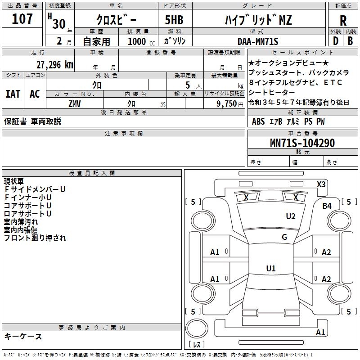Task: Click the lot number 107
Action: point(22,19)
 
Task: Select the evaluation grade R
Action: point(343,20)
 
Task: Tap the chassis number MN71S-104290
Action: point(302,143)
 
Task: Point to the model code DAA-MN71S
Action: point(258,41)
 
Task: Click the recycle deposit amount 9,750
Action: point(227,103)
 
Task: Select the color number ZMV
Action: point(75,103)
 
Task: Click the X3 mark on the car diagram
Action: point(321,184)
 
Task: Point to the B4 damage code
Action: point(327,206)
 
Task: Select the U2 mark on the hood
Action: point(291,216)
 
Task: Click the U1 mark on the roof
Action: point(270,269)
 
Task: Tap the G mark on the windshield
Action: point(284,237)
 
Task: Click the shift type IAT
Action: point(13,94)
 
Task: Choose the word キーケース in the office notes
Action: point(23,337)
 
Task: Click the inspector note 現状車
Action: point(14,181)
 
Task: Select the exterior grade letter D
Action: point(335,41)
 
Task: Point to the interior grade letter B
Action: point(350,41)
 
